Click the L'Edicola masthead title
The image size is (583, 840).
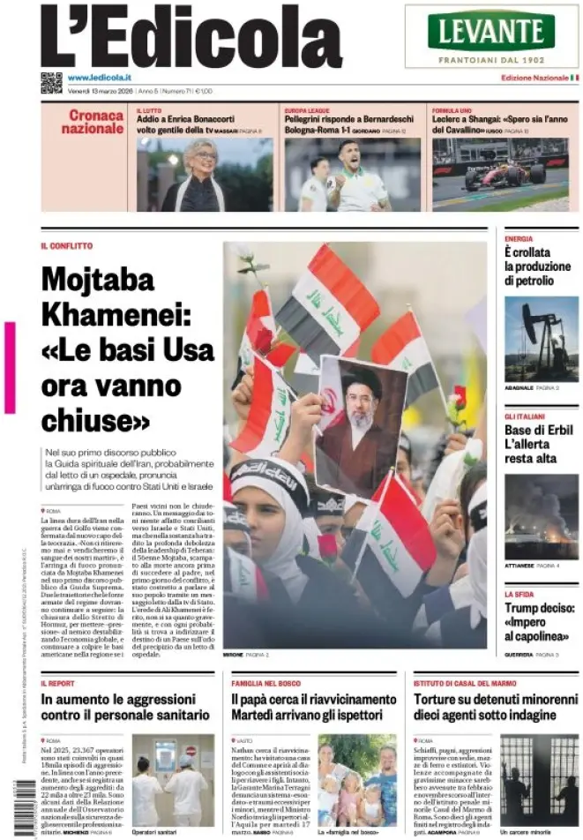click(x=191, y=37)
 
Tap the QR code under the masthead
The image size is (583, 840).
click(x=51, y=83)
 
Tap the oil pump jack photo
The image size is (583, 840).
click(x=541, y=338)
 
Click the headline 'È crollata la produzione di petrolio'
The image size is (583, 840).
click(x=538, y=266)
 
